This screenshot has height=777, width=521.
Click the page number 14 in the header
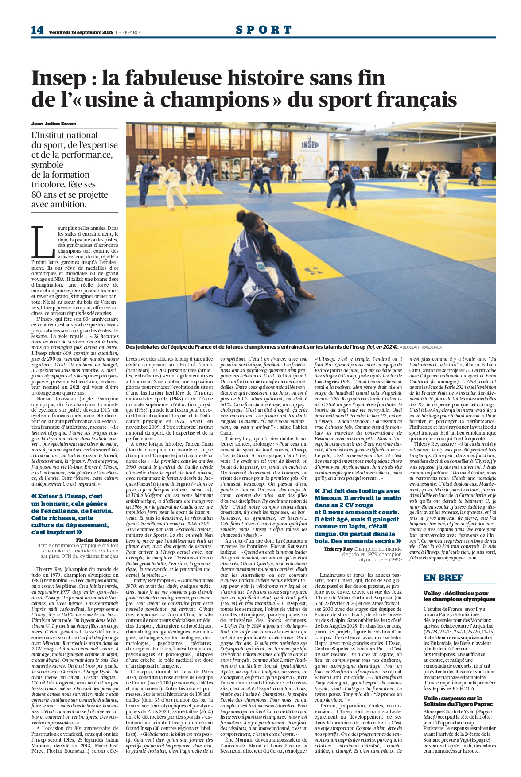coord(37,30)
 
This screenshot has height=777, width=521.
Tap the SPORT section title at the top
coord(264,30)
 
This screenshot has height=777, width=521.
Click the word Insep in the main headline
coord(52,78)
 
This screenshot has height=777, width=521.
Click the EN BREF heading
coord(443,577)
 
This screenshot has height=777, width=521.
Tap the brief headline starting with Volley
coord(459,596)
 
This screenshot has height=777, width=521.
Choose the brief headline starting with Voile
coord(458,701)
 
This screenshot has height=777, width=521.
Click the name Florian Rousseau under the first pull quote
coord(97,540)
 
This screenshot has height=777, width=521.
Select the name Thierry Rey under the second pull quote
coord(338,549)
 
